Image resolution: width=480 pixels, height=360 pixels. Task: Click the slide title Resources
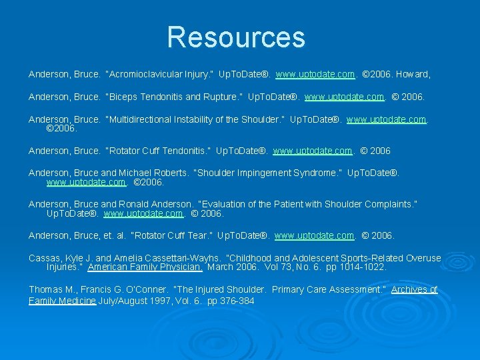pos(236,37)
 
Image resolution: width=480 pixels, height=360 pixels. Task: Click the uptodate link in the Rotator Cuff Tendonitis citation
pos(313,151)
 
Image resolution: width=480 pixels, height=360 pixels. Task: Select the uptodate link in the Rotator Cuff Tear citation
pos(315,235)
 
